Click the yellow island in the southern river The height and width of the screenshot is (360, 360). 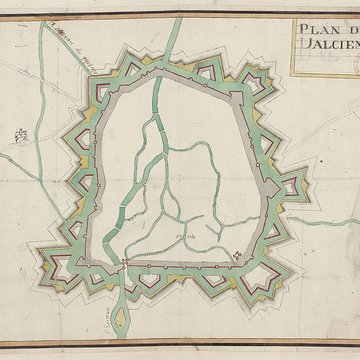point(117,321)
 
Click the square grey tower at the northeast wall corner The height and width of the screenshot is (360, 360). point(236,96)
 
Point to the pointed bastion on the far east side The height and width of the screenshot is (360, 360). point(292,184)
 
